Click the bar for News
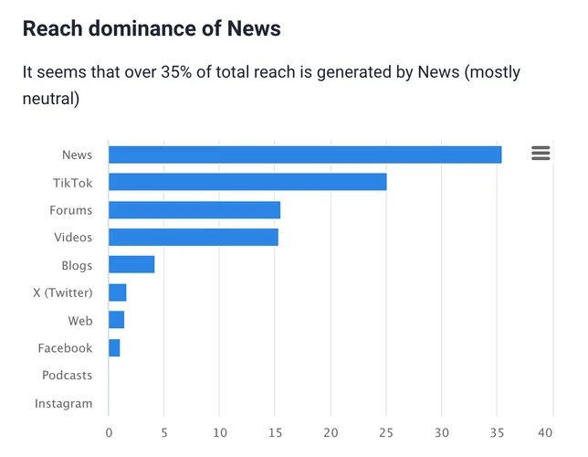[x=305, y=154]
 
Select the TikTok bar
[x=247, y=182]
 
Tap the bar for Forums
[x=194, y=209]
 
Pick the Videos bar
[x=194, y=238]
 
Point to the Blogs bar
[x=131, y=265]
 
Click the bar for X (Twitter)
[x=118, y=292]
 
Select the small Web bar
[x=117, y=320]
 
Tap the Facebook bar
[x=114, y=348]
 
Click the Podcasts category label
[x=67, y=376]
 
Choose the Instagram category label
[x=63, y=403]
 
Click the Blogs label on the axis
[x=77, y=265]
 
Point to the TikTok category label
[x=72, y=183]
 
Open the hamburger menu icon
[x=541, y=154]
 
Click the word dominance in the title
[x=141, y=28]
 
